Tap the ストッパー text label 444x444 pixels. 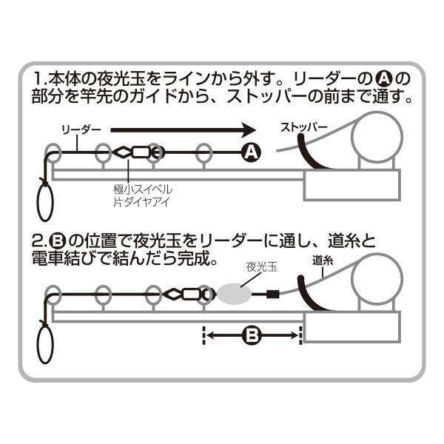click(303, 127)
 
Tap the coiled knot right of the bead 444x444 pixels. click(273, 295)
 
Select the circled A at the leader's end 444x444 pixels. click(251, 152)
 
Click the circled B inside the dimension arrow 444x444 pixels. click(251, 336)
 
